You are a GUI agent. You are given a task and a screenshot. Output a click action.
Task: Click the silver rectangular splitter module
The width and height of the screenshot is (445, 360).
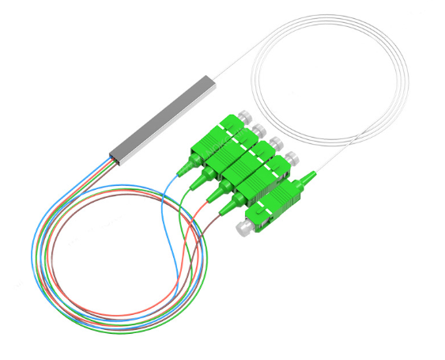point(162,118)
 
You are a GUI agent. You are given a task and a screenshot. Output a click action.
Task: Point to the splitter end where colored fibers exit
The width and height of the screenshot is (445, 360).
point(115,157)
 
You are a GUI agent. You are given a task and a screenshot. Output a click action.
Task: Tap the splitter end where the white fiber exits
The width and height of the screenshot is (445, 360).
point(212,80)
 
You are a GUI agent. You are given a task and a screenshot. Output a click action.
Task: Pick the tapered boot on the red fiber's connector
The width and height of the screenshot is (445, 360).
point(217,192)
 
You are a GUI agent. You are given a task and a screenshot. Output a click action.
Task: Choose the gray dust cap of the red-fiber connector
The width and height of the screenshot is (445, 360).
point(276,143)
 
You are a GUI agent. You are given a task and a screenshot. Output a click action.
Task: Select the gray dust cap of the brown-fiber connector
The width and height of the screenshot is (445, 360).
point(289,157)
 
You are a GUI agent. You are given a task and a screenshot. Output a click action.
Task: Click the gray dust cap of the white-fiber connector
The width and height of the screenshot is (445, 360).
point(242,229)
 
